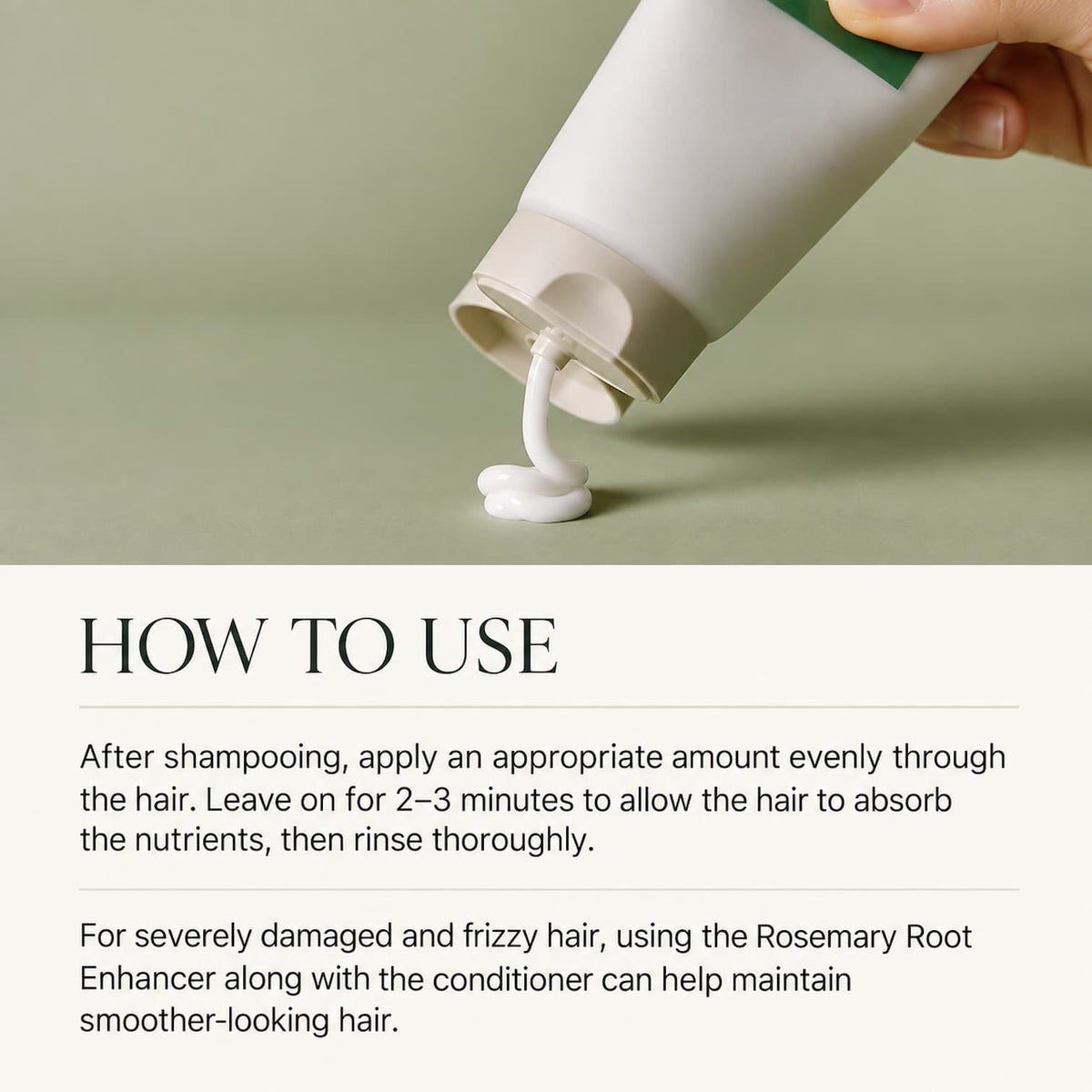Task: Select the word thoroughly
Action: pyautogui.click(x=513, y=842)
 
